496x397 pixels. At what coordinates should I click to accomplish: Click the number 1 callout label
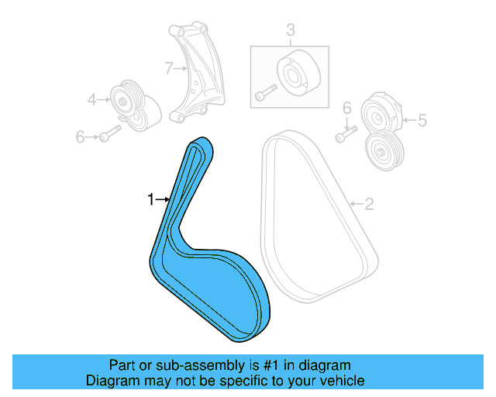pyautogui.click(x=151, y=200)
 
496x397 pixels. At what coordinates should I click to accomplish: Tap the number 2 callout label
pyautogui.click(x=369, y=204)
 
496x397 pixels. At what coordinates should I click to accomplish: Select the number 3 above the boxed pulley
pyautogui.click(x=291, y=31)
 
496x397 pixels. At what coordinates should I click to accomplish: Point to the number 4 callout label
pyautogui.click(x=91, y=99)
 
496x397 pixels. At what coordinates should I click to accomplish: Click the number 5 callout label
pyautogui.click(x=422, y=119)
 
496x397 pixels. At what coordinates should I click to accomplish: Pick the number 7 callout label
pyautogui.click(x=168, y=68)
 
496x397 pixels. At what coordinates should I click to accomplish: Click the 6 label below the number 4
pyautogui.click(x=79, y=136)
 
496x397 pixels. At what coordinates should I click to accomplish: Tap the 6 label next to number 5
pyautogui.click(x=346, y=108)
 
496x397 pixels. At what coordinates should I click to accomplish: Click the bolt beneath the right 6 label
pyautogui.click(x=343, y=134)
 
